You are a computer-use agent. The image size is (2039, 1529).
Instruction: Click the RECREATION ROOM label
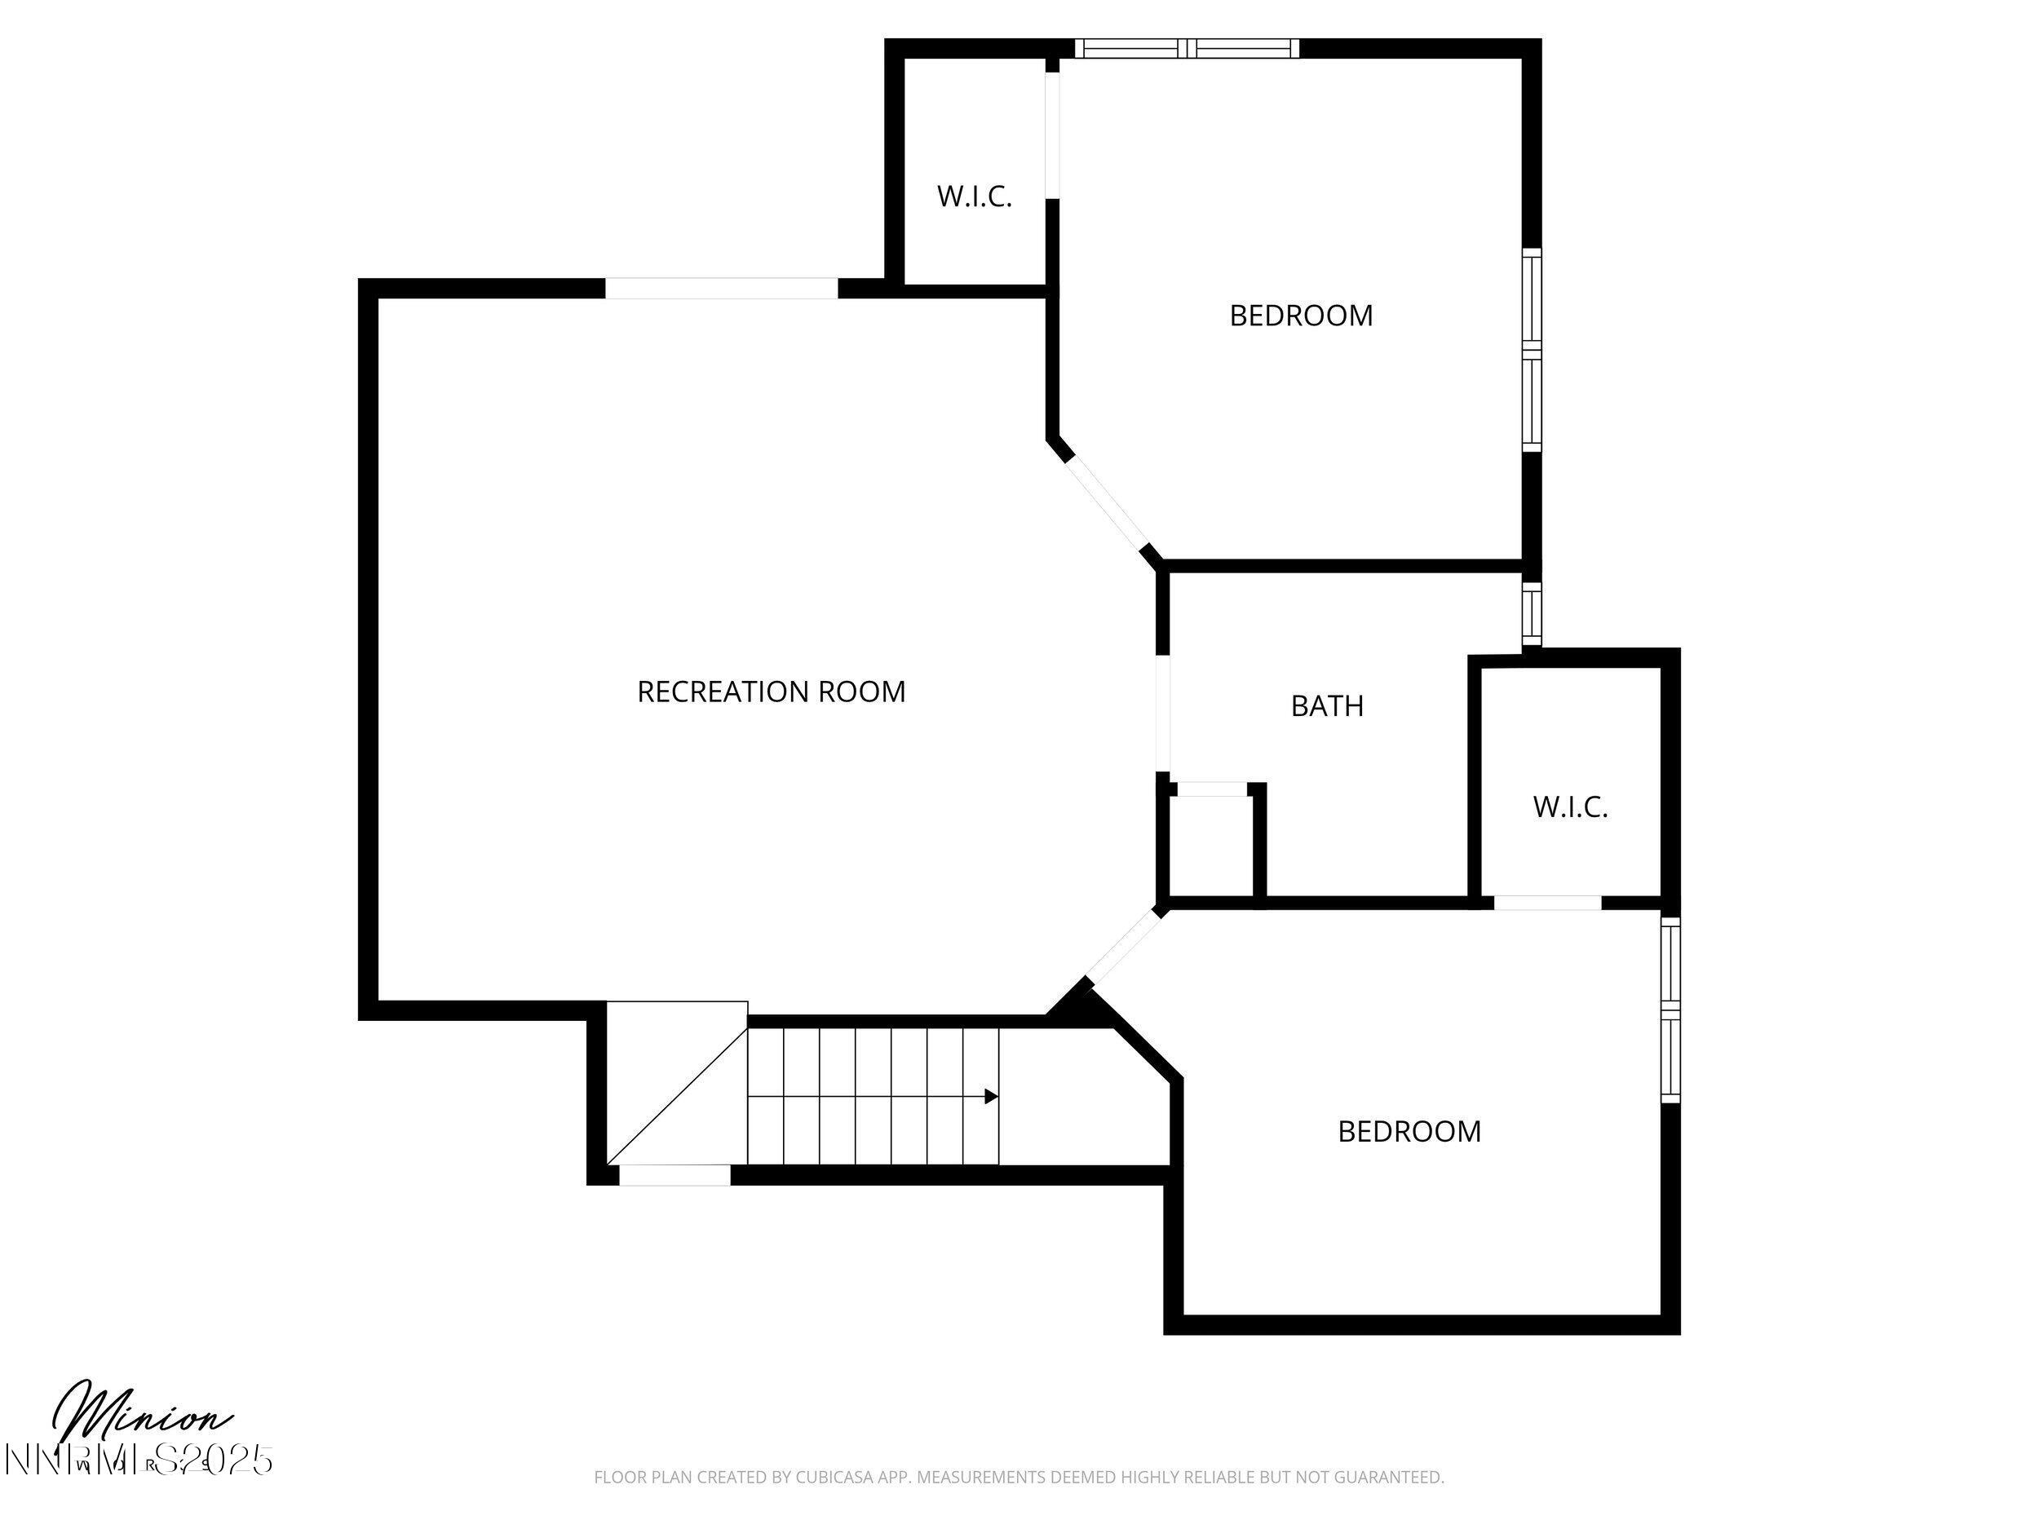(x=771, y=692)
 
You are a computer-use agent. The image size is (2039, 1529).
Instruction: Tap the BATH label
(x=1326, y=706)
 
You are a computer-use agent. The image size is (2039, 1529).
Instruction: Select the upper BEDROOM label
(x=1301, y=316)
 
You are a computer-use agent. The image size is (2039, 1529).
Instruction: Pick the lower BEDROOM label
(x=1409, y=1132)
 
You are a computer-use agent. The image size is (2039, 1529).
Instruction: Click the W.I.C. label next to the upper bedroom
(x=975, y=197)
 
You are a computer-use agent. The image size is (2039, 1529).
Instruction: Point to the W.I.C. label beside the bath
(x=1570, y=807)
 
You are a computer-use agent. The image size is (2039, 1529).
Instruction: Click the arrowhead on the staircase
(x=991, y=1097)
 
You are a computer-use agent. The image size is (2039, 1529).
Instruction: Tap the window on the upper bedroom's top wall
(x=1188, y=49)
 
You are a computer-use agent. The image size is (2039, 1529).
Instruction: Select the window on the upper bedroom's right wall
(x=1531, y=350)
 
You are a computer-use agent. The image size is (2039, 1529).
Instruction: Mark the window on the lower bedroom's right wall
(x=1670, y=1010)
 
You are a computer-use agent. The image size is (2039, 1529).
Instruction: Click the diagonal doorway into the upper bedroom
(x=1105, y=506)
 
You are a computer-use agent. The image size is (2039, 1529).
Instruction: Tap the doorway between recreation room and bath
(x=1163, y=714)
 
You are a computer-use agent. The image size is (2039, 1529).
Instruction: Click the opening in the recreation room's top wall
(x=721, y=289)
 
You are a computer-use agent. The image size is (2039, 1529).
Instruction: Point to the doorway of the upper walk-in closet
(x=1052, y=135)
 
